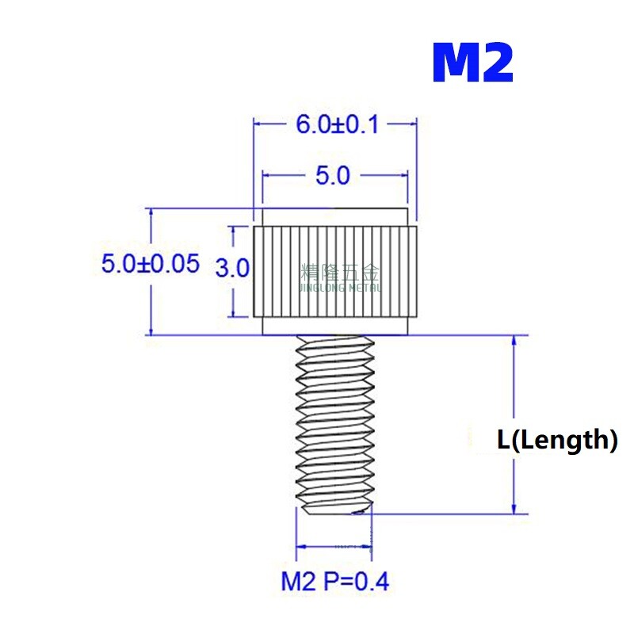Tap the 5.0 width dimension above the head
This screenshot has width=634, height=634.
[x=333, y=175]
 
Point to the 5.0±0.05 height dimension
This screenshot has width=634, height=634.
[x=151, y=264]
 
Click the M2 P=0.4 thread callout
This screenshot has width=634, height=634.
[x=335, y=582]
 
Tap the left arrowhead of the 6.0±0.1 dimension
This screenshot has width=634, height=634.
[x=258, y=124]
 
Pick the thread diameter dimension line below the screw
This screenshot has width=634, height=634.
[x=334, y=547]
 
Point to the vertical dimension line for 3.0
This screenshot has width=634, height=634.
[x=232, y=238]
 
